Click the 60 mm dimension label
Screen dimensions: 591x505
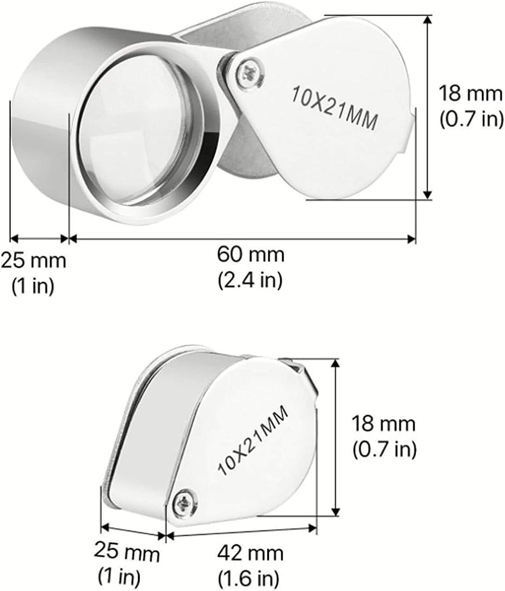250,255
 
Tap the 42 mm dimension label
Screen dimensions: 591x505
250,553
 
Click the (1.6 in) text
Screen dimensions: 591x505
249,579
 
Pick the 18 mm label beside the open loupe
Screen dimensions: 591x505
471,94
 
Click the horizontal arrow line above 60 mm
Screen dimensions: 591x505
242,238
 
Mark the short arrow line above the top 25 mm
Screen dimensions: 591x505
39,238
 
